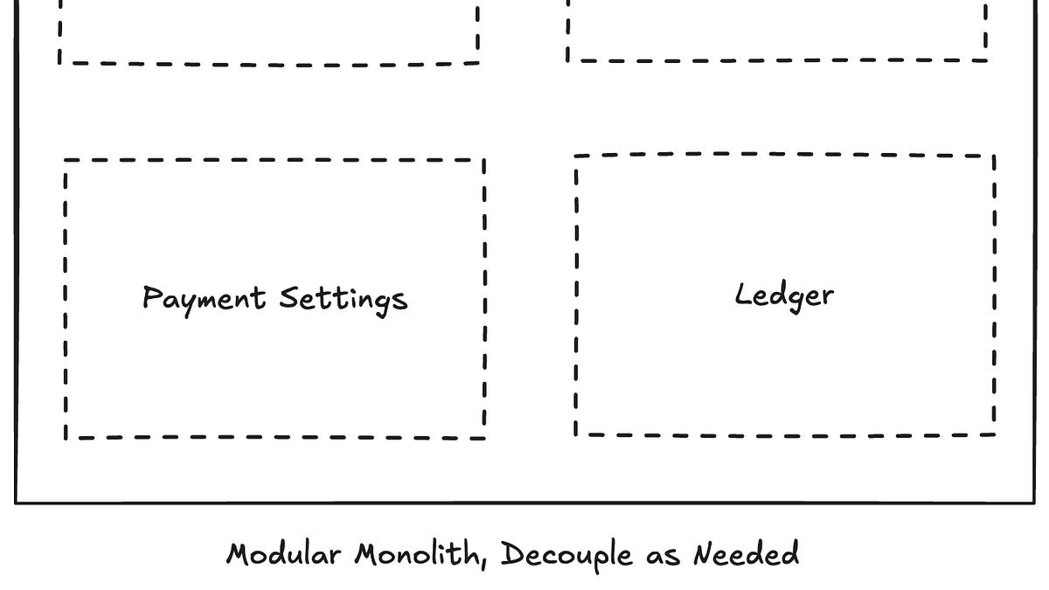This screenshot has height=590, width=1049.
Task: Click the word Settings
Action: [x=343, y=300]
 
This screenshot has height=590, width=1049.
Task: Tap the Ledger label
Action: [x=783, y=295]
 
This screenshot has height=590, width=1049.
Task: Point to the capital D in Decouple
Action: [x=511, y=554]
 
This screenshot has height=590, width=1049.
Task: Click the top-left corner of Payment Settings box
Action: [x=66, y=161]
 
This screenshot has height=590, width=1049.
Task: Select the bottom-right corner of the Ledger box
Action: [x=995, y=434]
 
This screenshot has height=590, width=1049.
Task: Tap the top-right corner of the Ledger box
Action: [x=994, y=156]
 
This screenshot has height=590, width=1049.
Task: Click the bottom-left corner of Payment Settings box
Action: [x=66, y=436]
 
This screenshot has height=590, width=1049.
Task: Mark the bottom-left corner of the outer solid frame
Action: [x=16, y=503]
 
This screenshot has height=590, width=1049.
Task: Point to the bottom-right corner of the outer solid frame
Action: [x=1034, y=503]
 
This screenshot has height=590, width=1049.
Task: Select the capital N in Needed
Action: [x=705, y=553]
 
